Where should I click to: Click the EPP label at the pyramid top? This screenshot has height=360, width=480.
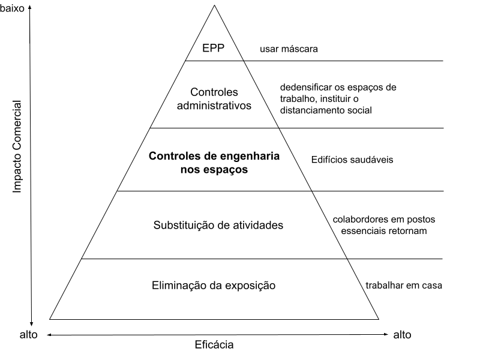[214, 48]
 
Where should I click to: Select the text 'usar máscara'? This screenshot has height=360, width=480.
[289, 49]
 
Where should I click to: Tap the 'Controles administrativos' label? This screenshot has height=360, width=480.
[214, 98]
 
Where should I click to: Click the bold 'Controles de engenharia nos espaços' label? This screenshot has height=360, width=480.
[214, 163]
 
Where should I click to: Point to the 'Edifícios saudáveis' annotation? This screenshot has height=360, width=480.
[352, 160]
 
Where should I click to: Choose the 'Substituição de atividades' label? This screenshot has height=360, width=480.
[218, 226]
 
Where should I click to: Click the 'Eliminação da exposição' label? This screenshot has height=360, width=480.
[214, 286]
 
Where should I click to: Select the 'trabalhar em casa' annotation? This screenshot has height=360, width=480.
[404, 286]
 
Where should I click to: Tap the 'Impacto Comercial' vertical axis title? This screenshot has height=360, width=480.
[17, 146]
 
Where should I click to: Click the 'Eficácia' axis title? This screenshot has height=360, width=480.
[214, 344]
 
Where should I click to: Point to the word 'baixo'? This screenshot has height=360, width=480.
[12, 8]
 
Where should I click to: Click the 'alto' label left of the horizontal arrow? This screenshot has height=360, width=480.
[28, 335]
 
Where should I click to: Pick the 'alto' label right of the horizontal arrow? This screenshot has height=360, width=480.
[402, 335]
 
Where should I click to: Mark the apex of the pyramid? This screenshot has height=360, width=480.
[214, 5]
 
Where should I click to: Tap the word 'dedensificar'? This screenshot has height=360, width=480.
[306, 87]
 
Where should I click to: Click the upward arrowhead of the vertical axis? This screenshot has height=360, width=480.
[30, 8]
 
